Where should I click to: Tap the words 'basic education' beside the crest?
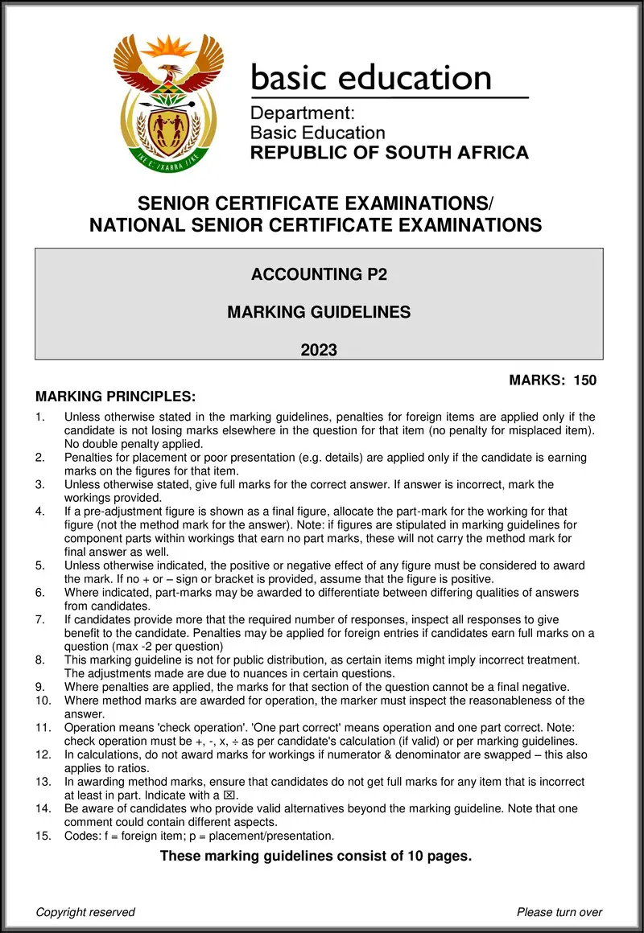371,77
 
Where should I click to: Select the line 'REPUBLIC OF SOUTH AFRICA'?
390,152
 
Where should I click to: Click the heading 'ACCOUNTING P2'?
319,275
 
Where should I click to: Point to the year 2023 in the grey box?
319,350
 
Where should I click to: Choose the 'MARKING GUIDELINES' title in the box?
319,312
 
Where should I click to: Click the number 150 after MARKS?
584,380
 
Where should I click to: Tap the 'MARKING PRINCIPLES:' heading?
115,397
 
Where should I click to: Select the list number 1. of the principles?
41,417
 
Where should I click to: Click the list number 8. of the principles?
41,660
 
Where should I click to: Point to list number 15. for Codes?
43,836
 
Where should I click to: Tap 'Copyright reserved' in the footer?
85,912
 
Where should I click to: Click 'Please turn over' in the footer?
559,912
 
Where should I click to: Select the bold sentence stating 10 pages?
316,856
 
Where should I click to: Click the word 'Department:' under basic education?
296,113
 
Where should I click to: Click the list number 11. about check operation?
43,728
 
